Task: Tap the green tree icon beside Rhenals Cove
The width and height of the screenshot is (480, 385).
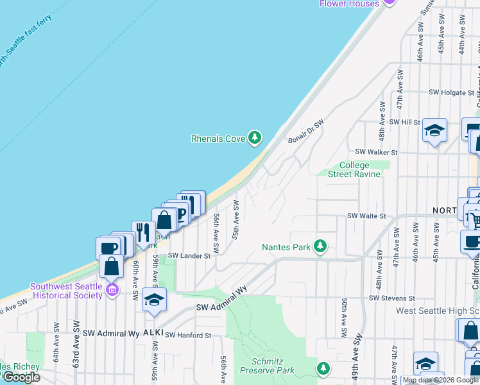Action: [x=255, y=137]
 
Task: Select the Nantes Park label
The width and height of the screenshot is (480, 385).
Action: [x=286, y=246]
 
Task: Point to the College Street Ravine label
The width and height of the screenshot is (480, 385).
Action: [x=354, y=169]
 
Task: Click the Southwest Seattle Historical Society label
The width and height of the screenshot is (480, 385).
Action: [x=67, y=291]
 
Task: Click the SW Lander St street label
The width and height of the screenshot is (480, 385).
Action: [x=189, y=255]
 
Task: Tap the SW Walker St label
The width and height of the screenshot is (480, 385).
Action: [x=377, y=152]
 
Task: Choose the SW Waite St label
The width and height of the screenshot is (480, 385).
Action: [x=366, y=216]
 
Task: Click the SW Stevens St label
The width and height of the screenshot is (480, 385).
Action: [x=392, y=298]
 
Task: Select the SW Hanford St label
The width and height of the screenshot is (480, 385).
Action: [x=188, y=335]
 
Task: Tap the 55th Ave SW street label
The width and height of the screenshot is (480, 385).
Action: [x=236, y=220]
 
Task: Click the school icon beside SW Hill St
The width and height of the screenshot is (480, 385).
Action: [x=434, y=131]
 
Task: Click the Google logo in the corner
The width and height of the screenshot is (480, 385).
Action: [x=21, y=377]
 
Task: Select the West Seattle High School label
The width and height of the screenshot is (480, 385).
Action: [x=438, y=311]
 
